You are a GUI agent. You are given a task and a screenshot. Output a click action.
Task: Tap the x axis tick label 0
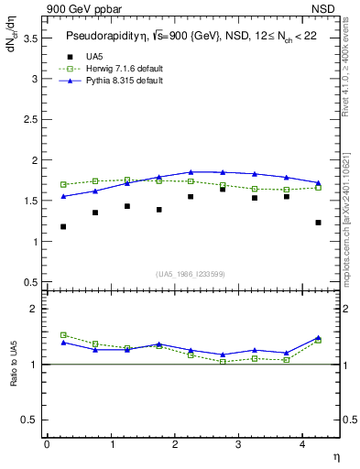47,444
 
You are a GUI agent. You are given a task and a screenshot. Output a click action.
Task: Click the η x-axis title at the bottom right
335,456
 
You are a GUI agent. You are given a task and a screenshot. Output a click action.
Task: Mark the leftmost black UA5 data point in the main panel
63,226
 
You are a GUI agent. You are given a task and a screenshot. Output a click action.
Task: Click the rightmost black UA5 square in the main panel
318,223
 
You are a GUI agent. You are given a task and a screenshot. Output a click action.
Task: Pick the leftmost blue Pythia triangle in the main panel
63,196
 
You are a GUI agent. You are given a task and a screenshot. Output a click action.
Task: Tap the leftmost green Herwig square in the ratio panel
63,335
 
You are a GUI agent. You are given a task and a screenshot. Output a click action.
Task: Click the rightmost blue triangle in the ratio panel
318,338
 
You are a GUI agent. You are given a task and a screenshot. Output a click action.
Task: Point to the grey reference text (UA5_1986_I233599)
191,274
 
